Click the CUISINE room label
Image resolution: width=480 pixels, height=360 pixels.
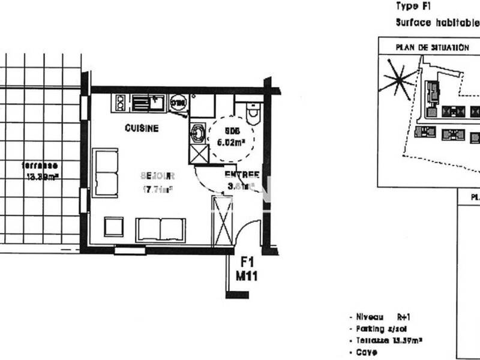[142, 128]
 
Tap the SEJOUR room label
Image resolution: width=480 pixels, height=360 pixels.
[157, 176]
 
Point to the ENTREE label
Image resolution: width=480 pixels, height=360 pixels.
[242, 175]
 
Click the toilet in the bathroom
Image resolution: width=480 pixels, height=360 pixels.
[252, 113]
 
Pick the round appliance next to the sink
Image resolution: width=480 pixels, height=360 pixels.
[178, 103]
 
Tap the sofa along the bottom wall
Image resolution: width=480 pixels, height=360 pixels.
[160, 229]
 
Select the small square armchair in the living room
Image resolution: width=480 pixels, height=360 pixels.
[113, 227]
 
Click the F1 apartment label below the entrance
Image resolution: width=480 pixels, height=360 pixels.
[247, 262]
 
